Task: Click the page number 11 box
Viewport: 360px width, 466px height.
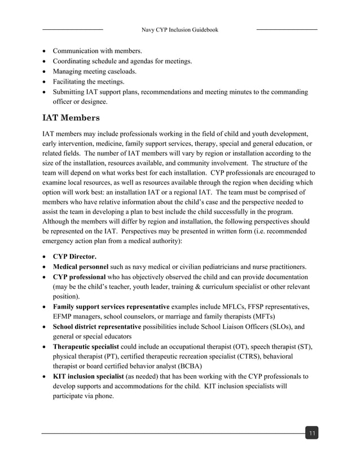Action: (x=311, y=433)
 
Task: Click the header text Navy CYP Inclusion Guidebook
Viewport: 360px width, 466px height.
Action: (x=179, y=29)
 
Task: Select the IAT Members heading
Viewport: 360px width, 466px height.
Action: (x=71, y=118)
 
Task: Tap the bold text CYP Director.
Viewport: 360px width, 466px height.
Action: (x=74, y=256)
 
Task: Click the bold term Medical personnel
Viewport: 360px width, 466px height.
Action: (x=81, y=266)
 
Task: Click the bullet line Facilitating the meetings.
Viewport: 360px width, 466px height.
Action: (x=88, y=81)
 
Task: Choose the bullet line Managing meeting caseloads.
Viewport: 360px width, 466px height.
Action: (x=94, y=71)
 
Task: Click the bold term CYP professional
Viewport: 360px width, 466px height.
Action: (x=79, y=277)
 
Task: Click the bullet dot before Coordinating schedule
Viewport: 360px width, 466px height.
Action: (x=45, y=61)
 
